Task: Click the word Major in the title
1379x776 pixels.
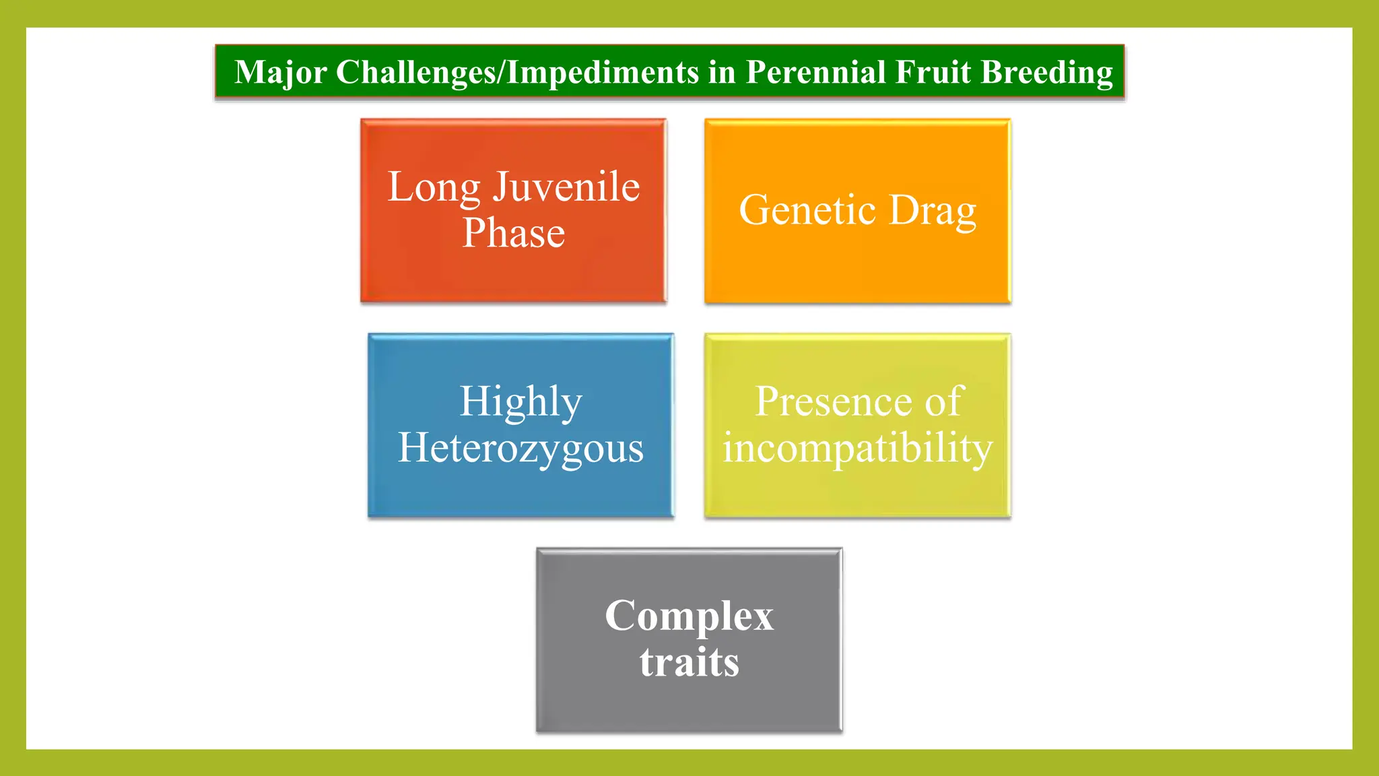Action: (280, 73)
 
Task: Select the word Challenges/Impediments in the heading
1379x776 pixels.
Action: (517, 73)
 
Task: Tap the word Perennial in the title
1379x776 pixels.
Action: (815, 72)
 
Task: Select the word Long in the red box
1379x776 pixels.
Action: (434, 188)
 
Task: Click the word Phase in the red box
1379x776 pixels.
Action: (513, 233)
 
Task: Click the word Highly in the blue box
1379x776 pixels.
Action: (520, 403)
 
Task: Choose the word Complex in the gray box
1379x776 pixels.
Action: (689, 616)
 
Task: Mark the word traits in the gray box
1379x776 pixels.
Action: (689, 662)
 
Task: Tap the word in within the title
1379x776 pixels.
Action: (722, 72)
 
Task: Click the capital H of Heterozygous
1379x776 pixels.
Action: (413, 447)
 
